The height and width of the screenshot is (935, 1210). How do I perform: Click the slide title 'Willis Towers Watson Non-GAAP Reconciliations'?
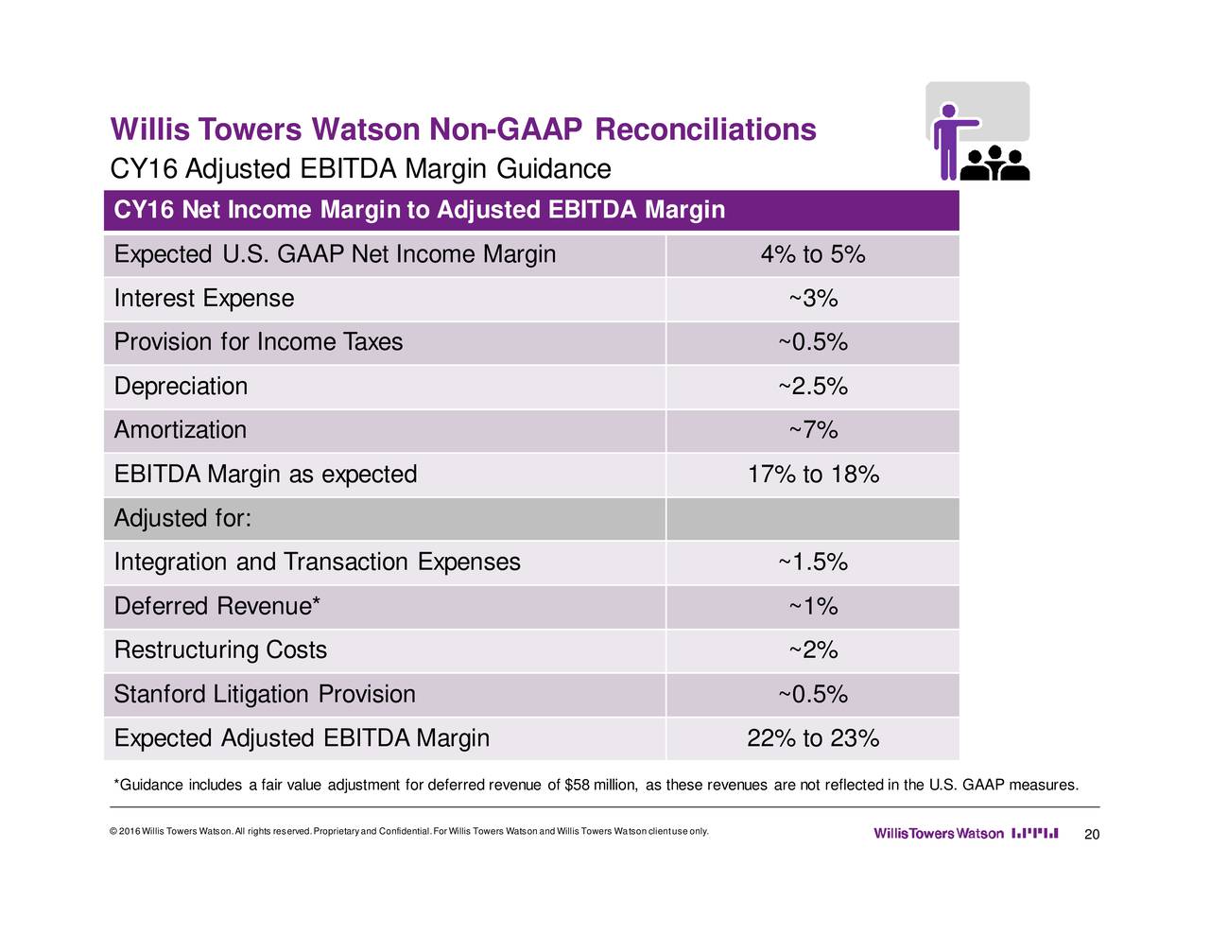tap(463, 130)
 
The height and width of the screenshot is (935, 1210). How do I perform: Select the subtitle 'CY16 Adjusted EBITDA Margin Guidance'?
tap(360, 169)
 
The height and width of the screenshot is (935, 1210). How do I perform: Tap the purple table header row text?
tap(419, 210)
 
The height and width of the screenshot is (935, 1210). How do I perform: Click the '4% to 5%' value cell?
tap(812, 255)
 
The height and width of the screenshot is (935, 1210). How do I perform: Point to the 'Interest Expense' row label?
tap(203, 299)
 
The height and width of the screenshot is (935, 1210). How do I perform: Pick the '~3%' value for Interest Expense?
tap(812, 299)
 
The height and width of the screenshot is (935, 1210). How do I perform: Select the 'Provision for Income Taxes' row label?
tap(258, 342)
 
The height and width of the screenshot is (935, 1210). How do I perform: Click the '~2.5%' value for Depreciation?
tap(812, 387)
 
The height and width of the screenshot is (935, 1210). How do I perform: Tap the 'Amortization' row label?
tap(180, 430)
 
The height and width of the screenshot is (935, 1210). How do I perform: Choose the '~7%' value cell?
tap(812, 430)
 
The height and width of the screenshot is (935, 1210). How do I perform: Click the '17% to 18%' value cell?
tap(812, 475)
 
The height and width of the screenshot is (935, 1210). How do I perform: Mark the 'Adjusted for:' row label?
tap(181, 519)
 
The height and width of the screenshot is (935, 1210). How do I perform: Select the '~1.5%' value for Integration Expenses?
tap(812, 563)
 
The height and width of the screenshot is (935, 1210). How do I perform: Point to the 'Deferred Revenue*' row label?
tap(216, 606)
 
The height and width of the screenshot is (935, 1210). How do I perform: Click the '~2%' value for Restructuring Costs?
tap(812, 650)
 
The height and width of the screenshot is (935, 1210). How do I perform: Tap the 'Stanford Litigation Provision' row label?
tap(265, 695)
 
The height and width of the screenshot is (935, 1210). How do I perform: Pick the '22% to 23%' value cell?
tap(812, 738)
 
